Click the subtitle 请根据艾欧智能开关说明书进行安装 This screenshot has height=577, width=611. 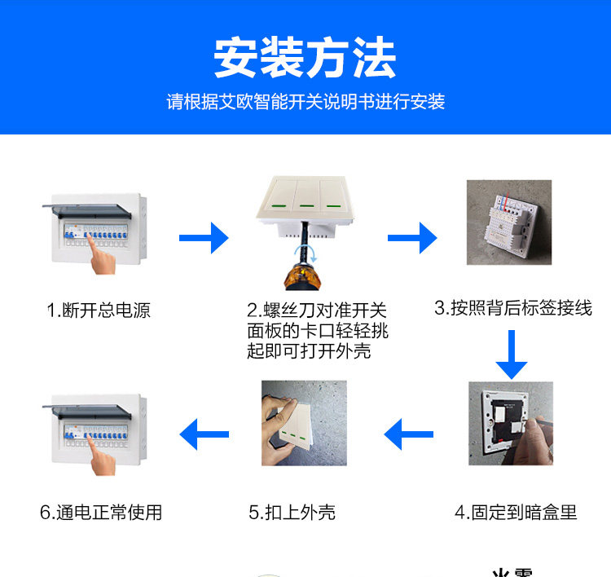[305, 103]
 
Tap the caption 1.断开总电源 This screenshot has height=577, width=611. [98, 311]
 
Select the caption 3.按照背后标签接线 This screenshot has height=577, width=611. [512, 308]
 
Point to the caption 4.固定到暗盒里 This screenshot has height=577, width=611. [516, 512]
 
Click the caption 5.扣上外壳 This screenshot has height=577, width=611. [292, 512]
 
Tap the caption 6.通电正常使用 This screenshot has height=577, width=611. [101, 512]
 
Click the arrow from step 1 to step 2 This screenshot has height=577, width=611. [204, 237]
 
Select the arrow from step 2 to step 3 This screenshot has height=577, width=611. [412, 237]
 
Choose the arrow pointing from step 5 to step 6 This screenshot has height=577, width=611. [204, 435]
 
